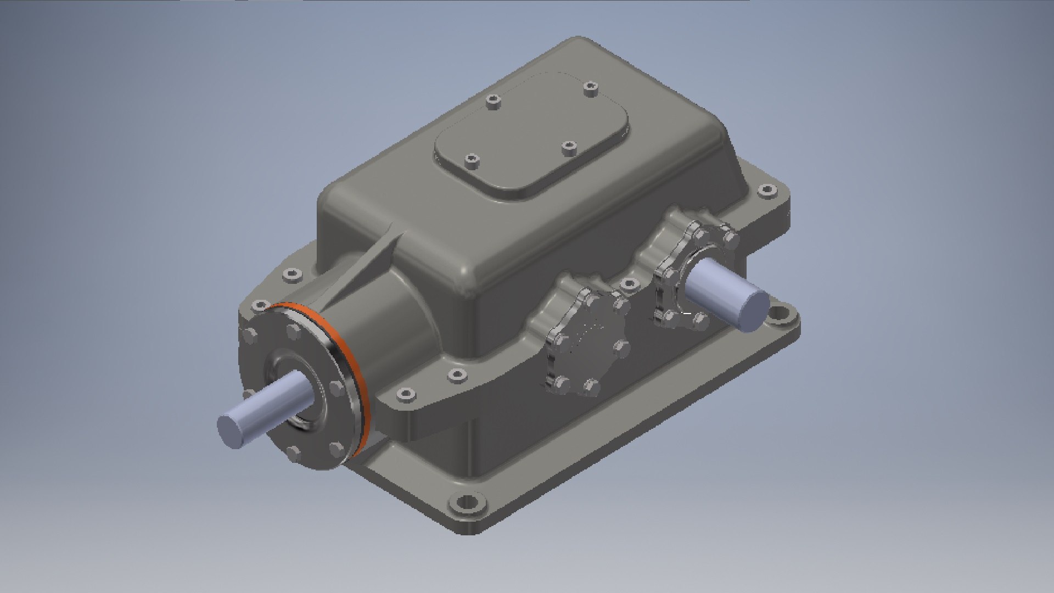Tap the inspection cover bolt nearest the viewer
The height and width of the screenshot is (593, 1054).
coord(472,160)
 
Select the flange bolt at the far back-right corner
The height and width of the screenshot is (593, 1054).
coord(767,191)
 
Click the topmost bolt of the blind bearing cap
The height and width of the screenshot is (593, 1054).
coord(593,299)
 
